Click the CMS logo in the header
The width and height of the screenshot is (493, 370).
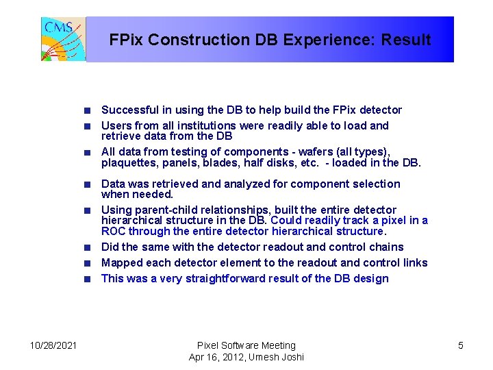(x=64, y=40)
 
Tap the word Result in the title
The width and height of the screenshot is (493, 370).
(x=408, y=40)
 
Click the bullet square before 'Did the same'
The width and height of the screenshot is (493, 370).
(x=88, y=247)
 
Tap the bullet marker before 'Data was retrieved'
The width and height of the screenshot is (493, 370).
(x=88, y=184)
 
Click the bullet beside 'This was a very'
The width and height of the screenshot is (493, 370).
(x=88, y=278)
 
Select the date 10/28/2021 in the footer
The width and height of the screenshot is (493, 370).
(x=53, y=345)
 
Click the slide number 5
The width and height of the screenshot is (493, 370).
(x=460, y=345)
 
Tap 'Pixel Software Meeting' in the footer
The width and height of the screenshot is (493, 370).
(x=246, y=345)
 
